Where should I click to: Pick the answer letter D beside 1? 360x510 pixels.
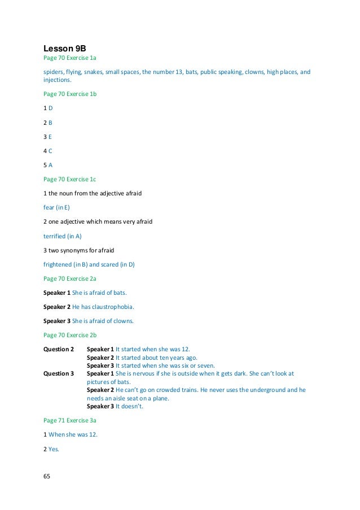[51, 107]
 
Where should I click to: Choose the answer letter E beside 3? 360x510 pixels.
[51, 136]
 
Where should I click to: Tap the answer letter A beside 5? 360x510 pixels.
[51, 165]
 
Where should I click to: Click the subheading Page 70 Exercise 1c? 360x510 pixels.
[71, 179]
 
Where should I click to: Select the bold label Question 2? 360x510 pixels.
[59, 350]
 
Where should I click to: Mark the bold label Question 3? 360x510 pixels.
[59, 374]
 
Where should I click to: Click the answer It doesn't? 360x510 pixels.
[130, 406]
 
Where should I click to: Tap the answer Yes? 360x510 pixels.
[54, 450]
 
